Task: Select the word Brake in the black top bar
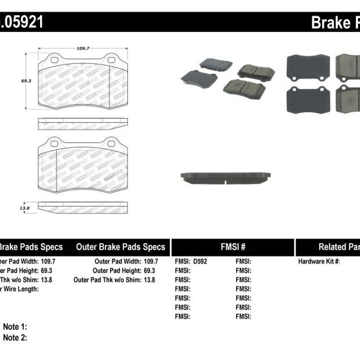pos(330,23)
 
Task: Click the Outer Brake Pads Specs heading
pos(120,247)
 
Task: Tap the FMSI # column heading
pos(232,247)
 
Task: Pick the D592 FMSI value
pos(199,262)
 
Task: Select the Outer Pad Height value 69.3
pos(151,271)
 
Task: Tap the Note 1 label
pos(15,327)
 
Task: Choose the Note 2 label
pos(15,338)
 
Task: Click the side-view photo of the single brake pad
pos(225,177)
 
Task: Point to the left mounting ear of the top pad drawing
pos(54,59)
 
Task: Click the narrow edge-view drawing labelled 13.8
pos(83,207)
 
